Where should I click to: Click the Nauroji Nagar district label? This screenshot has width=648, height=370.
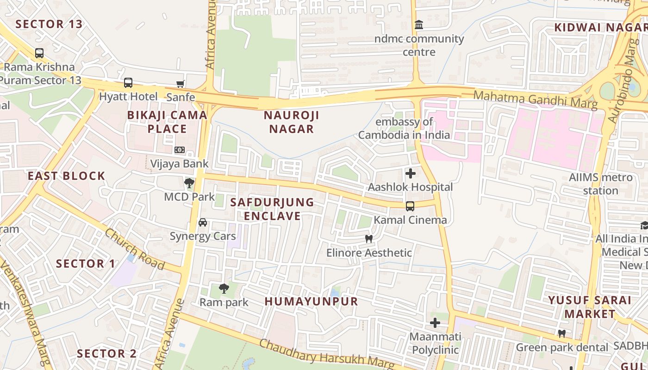pos(292,122)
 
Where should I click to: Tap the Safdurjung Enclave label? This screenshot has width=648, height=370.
pos(272,209)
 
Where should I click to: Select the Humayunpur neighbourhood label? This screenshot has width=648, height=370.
pos(312,302)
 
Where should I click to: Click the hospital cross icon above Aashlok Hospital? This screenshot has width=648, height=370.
pos(410,174)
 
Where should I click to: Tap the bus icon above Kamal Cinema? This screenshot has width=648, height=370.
pos(410,206)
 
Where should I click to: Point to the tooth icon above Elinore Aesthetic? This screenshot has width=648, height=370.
pos(369,239)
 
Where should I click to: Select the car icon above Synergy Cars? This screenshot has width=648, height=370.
pos(203,222)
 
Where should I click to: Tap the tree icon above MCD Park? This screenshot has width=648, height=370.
pos(189,183)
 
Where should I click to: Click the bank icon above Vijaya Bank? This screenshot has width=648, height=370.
pos(180,150)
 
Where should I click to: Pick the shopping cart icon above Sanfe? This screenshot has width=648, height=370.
pos(181,84)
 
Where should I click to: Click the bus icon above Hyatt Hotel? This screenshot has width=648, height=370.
pos(128,83)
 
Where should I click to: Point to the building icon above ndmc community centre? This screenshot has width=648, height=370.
pos(419,25)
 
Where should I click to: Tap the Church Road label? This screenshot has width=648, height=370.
pos(134,249)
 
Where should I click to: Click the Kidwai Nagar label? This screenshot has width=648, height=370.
pos(600,27)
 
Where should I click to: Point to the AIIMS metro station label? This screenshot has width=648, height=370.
pos(601,184)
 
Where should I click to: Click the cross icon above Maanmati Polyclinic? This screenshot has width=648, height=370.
pos(435,323)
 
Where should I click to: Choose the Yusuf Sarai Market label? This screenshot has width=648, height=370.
pos(590,307)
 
